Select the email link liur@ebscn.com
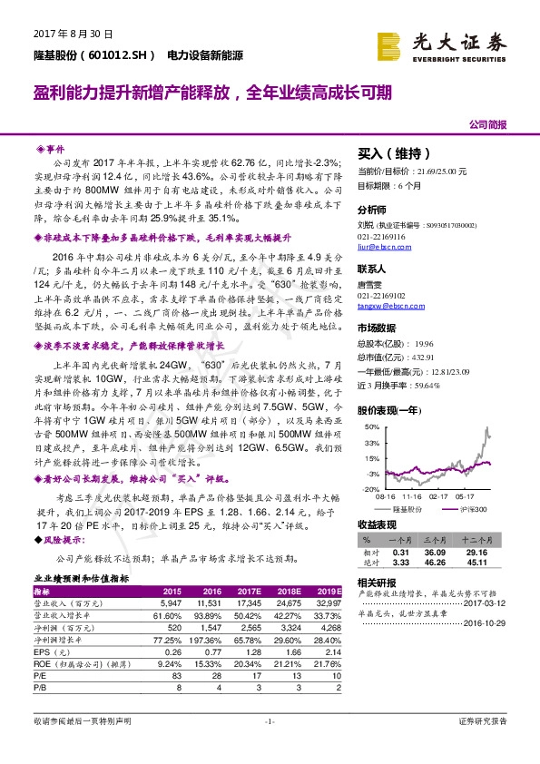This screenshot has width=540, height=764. point(379,245)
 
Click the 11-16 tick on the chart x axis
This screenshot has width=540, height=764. point(413,497)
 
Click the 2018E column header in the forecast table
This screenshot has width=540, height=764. point(278,591)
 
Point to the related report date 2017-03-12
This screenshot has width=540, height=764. point(488,603)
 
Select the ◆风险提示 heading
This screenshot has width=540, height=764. point(62,539)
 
